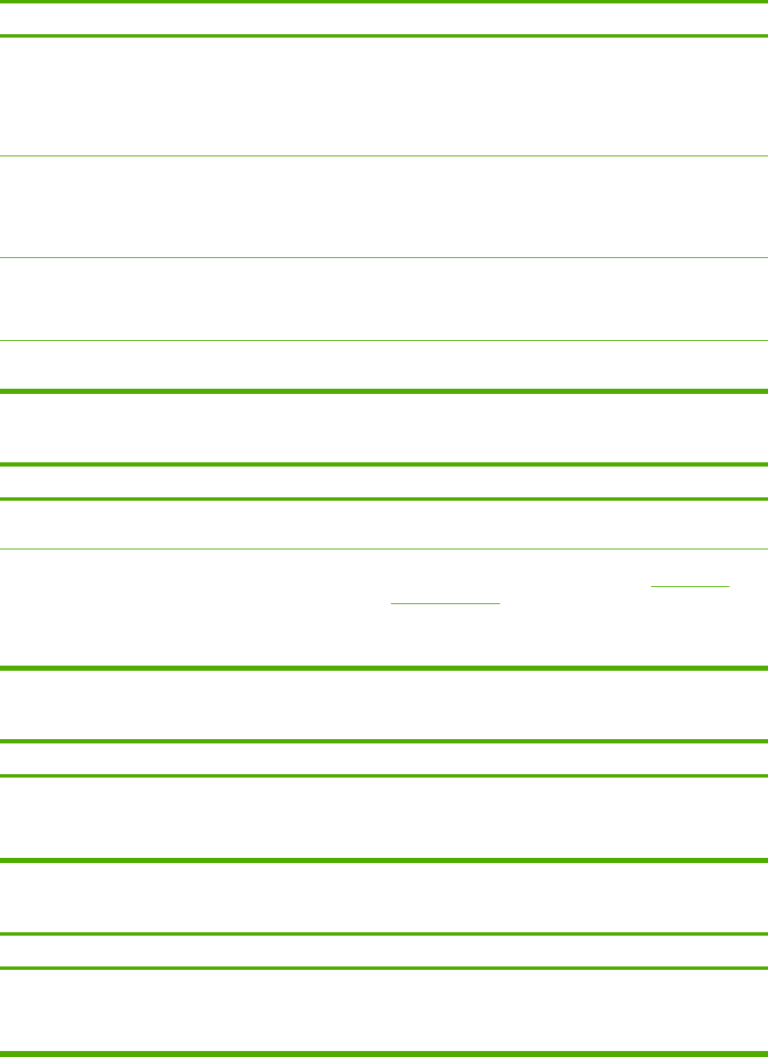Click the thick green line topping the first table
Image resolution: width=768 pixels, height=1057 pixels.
[384, 1]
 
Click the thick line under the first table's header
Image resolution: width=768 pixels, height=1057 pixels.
[384, 36]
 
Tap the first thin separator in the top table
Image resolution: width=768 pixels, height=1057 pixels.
[384, 156]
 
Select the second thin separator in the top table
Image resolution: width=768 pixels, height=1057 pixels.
[384, 258]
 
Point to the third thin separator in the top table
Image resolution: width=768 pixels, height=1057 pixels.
[384, 341]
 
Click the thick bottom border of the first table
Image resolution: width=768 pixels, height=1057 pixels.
[384, 391]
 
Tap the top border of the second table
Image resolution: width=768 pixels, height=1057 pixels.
[384, 464]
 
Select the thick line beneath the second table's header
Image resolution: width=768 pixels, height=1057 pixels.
[384, 499]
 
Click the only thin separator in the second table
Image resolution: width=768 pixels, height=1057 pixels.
[384, 549]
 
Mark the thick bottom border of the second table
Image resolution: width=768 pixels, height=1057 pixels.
[384, 668]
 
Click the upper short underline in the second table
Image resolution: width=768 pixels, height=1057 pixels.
[691, 586]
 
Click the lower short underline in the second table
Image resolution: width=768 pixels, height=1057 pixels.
[445, 603]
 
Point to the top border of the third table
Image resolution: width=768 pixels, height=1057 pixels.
[384, 741]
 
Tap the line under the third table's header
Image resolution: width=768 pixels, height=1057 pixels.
[384, 776]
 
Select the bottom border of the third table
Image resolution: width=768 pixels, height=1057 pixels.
[384, 860]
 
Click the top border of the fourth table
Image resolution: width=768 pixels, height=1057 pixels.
[384, 934]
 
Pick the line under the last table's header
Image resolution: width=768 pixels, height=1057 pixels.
[384, 968]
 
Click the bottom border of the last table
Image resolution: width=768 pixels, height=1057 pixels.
[384, 1053]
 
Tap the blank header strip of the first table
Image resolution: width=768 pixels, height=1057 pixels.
[384, 19]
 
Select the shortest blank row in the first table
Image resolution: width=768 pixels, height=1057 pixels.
[384, 366]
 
